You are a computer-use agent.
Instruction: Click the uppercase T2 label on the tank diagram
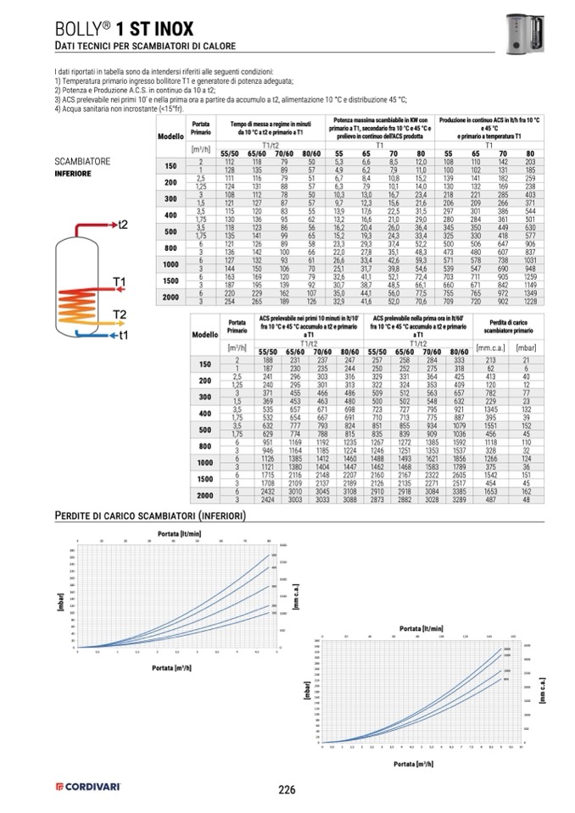coord(120,315)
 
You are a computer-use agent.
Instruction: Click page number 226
coord(287,789)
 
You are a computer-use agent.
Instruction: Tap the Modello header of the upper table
coord(170,136)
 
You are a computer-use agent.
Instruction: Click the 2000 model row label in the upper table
coord(170,297)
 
